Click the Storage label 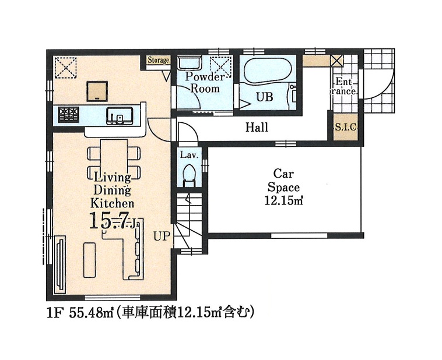point(158,60)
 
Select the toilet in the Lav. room point(188,175)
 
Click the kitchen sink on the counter point(120,116)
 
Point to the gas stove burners point(68,114)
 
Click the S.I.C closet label point(346,128)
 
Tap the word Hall point(257,128)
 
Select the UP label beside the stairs point(162,236)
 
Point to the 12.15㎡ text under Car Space point(283,200)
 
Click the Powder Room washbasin point(190,62)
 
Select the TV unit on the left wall point(60,264)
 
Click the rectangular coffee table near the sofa point(89,260)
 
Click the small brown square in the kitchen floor point(97,91)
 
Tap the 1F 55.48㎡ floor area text point(80,312)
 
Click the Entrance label point(344,86)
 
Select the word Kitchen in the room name point(112,203)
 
